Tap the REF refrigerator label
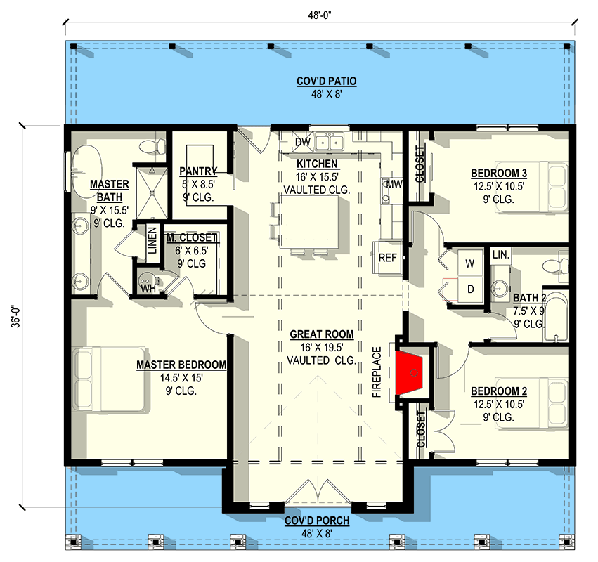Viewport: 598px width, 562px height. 387,258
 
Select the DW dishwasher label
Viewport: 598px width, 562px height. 303,142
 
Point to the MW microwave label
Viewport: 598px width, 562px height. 394,185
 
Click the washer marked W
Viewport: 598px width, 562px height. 470,263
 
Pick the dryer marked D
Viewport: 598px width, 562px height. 470,289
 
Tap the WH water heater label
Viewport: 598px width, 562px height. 148,289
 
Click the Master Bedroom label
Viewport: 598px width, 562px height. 181,365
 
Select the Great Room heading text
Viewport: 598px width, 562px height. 322,334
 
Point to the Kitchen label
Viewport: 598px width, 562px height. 317,164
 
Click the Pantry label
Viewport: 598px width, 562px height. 198,171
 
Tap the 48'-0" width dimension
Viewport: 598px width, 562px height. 320,15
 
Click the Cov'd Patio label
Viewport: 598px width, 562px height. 327,81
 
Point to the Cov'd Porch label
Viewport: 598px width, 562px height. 317,521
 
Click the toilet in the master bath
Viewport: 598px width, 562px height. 153,146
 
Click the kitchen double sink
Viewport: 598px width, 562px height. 329,141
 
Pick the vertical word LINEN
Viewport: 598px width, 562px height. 152,240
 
